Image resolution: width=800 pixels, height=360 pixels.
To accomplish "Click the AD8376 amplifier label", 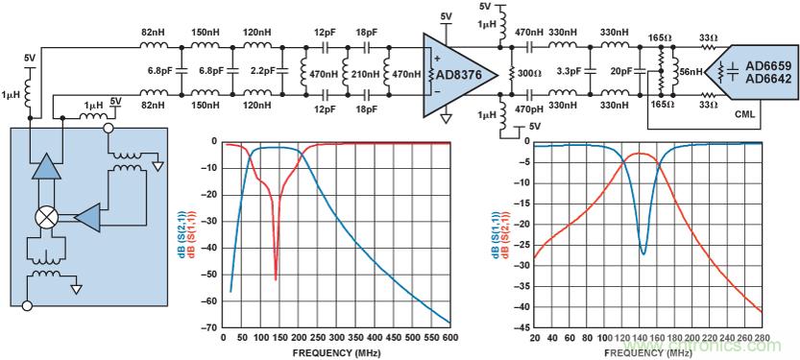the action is (459, 75).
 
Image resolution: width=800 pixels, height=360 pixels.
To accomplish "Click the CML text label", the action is (740, 115).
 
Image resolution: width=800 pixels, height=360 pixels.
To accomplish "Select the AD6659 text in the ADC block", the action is (768, 66).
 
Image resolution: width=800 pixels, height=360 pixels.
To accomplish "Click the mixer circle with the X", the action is (46, 218).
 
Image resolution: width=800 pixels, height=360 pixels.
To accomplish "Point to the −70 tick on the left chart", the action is (211, 328).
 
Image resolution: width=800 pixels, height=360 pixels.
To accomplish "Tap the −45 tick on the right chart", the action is (521, 328).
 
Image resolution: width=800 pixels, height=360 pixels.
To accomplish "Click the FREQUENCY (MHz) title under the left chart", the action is (336, 352).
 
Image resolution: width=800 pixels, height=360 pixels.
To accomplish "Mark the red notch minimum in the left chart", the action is (276, 279).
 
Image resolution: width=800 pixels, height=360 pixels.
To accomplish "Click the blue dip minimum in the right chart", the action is (643, 253).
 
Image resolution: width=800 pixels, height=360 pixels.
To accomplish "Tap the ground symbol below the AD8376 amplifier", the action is (447, 119).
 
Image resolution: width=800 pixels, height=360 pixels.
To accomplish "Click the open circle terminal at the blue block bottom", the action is (28, 306).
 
